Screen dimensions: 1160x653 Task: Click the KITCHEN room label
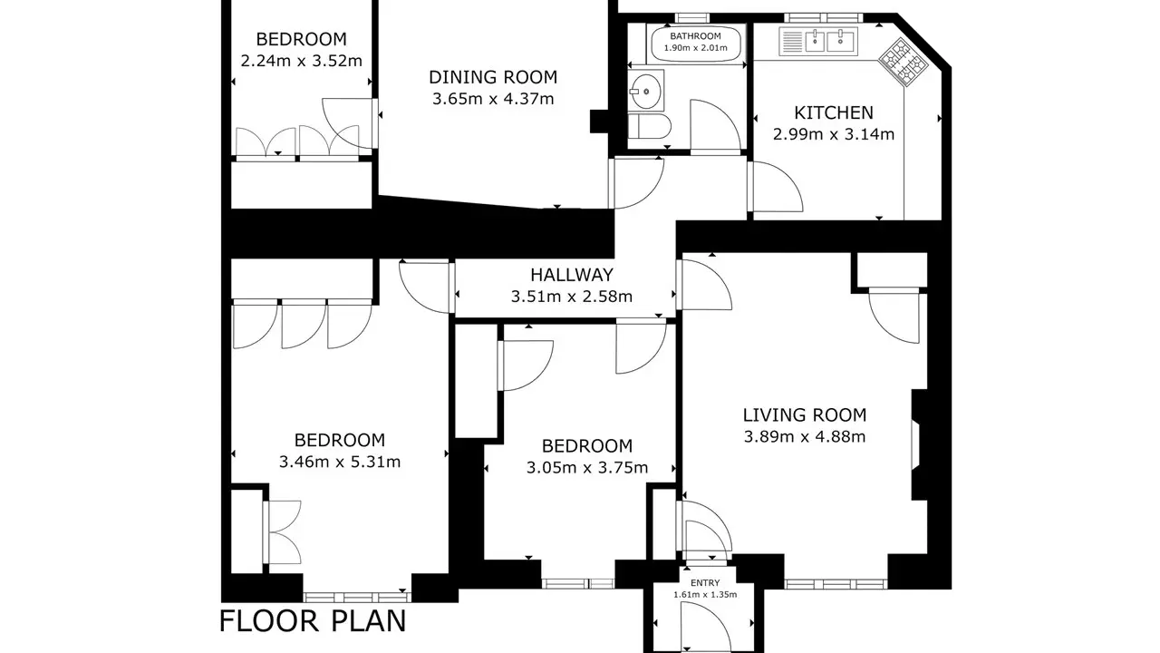(833, 112)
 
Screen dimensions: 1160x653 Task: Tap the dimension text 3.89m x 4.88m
(804, 437)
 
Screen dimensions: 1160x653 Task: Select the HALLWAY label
(572, 275)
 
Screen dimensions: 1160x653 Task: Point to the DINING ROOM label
(493, 77)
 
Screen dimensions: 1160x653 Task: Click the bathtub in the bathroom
(695, 44)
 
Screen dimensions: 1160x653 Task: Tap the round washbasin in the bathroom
(645, 92)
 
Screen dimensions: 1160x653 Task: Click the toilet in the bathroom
(650, 126)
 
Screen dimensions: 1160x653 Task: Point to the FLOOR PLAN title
(313, 621)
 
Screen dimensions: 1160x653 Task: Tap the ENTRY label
(705, 583)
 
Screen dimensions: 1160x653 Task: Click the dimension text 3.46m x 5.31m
(340, 462)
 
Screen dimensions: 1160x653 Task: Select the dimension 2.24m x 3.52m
(302, 61)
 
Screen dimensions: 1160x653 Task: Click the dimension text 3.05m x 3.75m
(587, 468)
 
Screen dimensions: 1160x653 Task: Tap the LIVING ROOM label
(804, 415)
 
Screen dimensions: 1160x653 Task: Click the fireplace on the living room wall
(919, 444)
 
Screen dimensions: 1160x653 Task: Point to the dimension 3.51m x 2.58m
(572, 297)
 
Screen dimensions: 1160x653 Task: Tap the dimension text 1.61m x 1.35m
(705, 594)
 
